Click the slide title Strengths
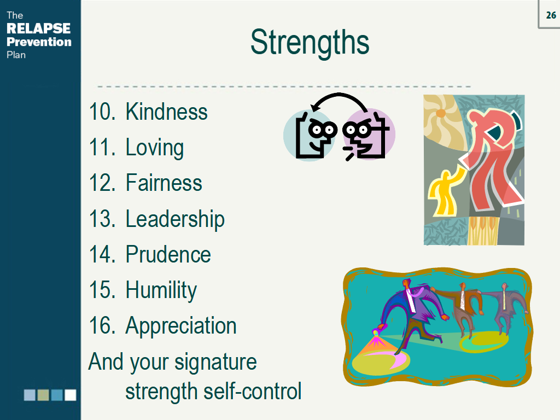click(310, 43)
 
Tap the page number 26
click(551, 15)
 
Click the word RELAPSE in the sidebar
click(38, 28)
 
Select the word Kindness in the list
click(166, 112)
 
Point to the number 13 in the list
click(101, 219)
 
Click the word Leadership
click(175, 219)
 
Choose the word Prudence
click(168, 255)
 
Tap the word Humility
click(161, 290)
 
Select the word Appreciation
click(181, 326)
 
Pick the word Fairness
click(164, 183)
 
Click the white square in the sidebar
click(71, 395)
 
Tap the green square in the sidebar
click(43, 395)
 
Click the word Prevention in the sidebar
click(39, 42)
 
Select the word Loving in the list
click(154, 148)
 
